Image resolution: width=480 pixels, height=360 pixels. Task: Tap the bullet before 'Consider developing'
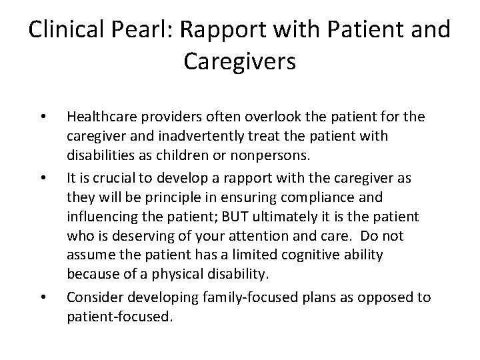click(42, 297)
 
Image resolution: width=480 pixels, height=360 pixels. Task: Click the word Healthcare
click(101, 117)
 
